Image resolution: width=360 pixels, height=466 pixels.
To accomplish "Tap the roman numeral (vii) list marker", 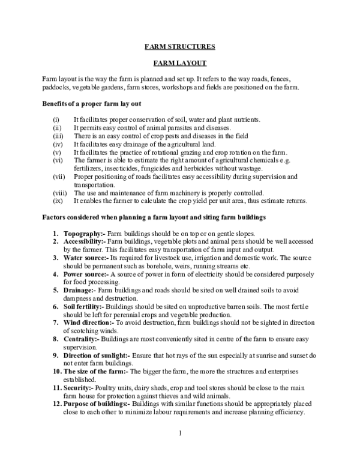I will (x=58, y=177).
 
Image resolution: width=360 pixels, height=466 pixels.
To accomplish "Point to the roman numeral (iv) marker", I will (x=58, y=145).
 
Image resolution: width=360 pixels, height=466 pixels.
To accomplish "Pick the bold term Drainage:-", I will (x=80, y=291).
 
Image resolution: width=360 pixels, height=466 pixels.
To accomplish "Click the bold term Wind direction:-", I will (x=87, y=322).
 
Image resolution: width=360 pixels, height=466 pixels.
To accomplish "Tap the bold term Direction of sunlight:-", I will (x=98, y=356).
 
